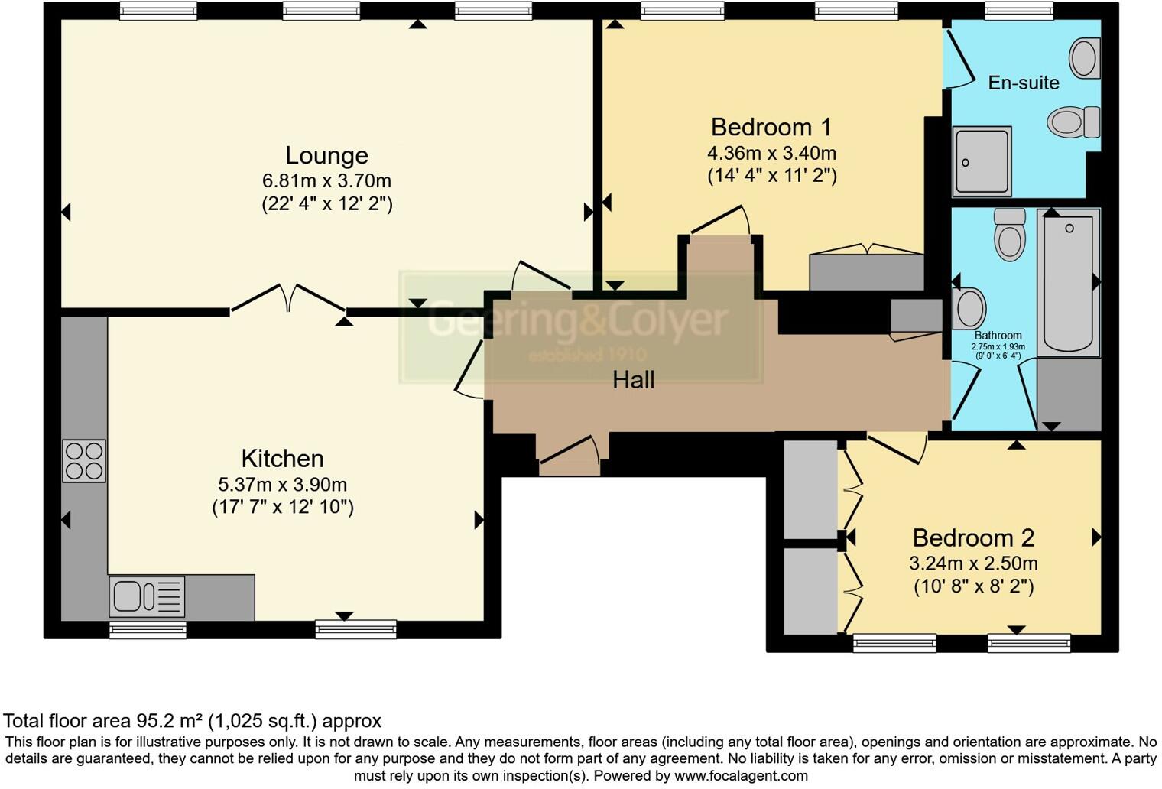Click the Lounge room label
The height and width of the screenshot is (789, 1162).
coord(326,155)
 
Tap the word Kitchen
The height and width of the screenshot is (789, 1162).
coord(282,459)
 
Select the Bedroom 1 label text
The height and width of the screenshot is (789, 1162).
coord(771,127)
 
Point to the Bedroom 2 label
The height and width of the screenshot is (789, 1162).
coord(972,538)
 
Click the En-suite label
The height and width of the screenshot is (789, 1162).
coord(1023,83)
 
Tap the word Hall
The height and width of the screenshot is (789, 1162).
coord(633,380)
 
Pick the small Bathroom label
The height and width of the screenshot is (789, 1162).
coord(998,336)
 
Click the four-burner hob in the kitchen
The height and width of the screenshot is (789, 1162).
coord(84,461)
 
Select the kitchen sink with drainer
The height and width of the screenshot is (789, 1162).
coord(148,596)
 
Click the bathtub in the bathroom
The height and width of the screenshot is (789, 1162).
coord(1068,281)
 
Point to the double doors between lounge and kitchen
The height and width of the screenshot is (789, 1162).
coord(288,298)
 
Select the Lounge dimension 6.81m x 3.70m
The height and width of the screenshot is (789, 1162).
coord(326,181)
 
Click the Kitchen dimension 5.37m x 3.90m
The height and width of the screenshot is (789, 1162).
coord(282,485)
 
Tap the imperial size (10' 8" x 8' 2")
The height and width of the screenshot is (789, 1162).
coord(972,586)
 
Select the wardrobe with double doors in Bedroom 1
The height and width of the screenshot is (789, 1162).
coord(866,271)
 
